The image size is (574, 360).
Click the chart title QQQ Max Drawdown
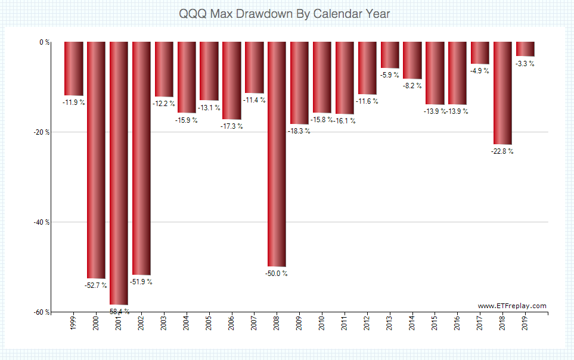point(286,13)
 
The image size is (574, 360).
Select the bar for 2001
point(119,173)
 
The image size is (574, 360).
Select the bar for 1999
point(74,69)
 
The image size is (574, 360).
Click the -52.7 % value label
point(96,285)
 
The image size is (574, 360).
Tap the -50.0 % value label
point(277,274)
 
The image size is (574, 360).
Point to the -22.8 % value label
point(502,151)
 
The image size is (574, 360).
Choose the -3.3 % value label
point(525,63)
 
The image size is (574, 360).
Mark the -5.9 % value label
point(390,75)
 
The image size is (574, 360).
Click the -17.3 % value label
point(232,126)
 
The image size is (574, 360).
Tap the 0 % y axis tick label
point(44,42)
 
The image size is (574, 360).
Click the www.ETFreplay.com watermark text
point(512,306)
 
